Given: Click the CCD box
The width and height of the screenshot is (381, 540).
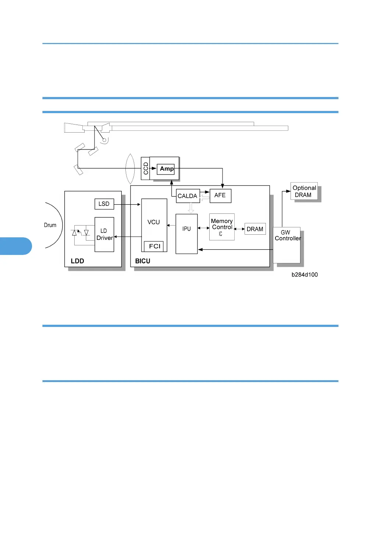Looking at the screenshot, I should click(x=146, y=169).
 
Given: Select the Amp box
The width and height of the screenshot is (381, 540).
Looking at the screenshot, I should click(x=166, y=169).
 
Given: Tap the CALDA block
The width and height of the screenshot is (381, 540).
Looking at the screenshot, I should click(x=188, y=196).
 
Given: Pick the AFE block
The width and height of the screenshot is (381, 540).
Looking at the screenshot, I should click(x=220, y=195).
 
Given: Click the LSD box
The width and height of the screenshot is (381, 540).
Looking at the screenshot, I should click(x=104, y=204).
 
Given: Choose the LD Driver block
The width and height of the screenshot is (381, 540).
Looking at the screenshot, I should click(x=104, y=234).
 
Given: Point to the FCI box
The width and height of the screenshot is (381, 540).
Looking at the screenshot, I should click(x=154, y=246).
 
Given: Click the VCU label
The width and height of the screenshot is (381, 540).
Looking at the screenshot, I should click(x=154, y=222).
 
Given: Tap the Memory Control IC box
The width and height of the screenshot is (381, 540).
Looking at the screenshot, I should click(x=222, y=227).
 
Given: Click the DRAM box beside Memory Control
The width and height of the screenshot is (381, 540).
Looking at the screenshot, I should click(x=255, y=229).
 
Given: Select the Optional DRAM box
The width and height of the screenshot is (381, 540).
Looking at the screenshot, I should click(x=304, y=191).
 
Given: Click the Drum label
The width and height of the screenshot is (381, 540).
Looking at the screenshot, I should click(x=50, y=225).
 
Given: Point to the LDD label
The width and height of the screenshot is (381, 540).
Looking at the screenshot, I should click(x=77, y=261).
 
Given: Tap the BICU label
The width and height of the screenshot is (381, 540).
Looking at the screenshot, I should click(x=143, y=261).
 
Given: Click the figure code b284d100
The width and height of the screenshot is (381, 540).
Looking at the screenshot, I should click(x=305, y=275).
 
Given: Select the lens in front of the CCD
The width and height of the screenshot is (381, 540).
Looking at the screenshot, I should click(x=130, y=169).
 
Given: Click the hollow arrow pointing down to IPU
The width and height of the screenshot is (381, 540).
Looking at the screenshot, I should click(x=191, y=208).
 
